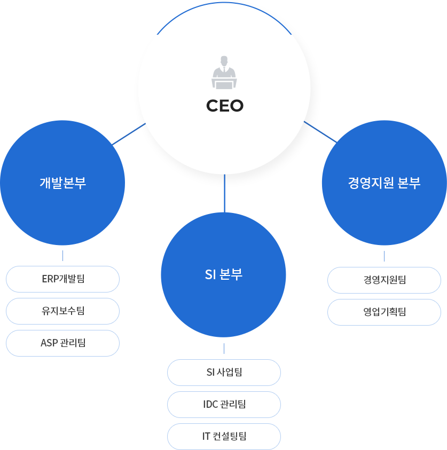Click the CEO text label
(x=224, y=106)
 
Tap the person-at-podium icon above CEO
(x=224, y=72)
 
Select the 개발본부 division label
(x=62, y=183)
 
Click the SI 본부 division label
(x=223, y=274)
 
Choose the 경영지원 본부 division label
(x=384, y=183)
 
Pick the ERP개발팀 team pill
(x=62, y=279)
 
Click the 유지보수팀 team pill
(x=62, y=311)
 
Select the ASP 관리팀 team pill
(x=62, y=343)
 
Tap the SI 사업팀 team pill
(x=224, y=372)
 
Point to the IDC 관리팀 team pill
(x=224, y=404)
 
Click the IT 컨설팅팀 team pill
(x=224, y=436)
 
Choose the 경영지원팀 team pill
(x=384, y=279)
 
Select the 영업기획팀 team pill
(x=384, y=312)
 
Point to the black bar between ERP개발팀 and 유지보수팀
(x=65, y=295)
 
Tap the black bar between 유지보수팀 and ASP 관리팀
(x=65, y=327)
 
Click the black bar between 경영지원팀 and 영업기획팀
(x=381, y=296)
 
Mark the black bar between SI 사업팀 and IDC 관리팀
(x=228, y=389)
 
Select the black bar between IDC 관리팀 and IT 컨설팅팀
(x=228, y=421)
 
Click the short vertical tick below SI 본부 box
(x=224, y=349)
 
